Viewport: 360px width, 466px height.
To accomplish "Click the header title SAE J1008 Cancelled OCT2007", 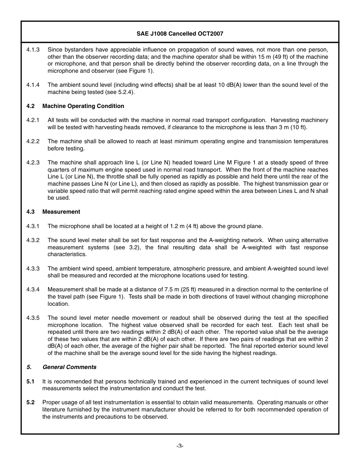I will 180,33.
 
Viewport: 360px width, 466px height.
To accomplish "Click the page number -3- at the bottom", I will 180,446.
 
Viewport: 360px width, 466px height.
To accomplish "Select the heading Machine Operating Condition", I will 83,106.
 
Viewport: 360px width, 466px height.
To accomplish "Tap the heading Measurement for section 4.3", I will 61,212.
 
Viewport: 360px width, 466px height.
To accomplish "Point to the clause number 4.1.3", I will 33,50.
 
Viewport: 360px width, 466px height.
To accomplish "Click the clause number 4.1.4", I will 33,85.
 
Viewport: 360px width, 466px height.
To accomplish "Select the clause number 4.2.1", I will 33,120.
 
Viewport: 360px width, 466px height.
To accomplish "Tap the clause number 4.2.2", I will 33,141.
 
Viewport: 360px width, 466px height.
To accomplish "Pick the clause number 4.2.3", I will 33,163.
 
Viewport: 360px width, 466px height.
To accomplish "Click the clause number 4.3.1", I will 33,226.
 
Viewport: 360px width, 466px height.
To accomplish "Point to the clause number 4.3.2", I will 33,240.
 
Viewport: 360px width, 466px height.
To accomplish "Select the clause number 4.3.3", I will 33,269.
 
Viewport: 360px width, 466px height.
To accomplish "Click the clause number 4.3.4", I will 33,290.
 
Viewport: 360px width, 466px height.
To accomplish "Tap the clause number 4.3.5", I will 33,318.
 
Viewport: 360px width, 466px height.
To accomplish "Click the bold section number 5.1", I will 30,382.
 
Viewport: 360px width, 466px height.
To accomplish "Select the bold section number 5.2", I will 30,402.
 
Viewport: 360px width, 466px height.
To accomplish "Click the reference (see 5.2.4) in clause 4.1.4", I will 118,92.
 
